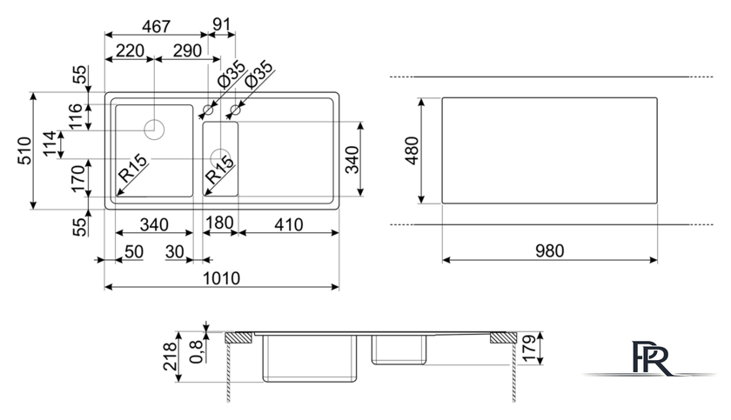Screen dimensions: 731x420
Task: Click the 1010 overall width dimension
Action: click(221, 278)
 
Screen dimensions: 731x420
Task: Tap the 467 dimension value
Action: click(156, 26)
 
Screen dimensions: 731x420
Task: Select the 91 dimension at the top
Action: click(221, 24)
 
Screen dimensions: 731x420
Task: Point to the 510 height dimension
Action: click(24, 150)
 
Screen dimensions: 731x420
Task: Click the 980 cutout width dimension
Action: click(550, 251)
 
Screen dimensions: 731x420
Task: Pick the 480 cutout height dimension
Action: click(412, 150)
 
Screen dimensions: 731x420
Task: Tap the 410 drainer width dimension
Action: click(289, 225)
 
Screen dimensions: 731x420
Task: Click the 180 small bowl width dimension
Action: click(219, 223)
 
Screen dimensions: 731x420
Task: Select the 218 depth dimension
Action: click(171, 357)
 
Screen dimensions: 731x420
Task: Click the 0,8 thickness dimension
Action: click(197, 351)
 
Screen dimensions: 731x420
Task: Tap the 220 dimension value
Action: click(130, 50)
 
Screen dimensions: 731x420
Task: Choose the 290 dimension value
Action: click(187, 50)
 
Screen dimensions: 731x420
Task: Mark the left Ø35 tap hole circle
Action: click(208, 110)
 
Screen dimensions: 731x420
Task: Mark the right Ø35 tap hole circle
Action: click(236, 110)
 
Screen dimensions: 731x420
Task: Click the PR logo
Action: click(650, 357)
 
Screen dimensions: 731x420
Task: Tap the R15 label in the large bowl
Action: click(133, 168)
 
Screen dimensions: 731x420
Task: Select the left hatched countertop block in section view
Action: click(238, 337)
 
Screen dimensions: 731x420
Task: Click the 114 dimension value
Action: click(50, 144)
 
